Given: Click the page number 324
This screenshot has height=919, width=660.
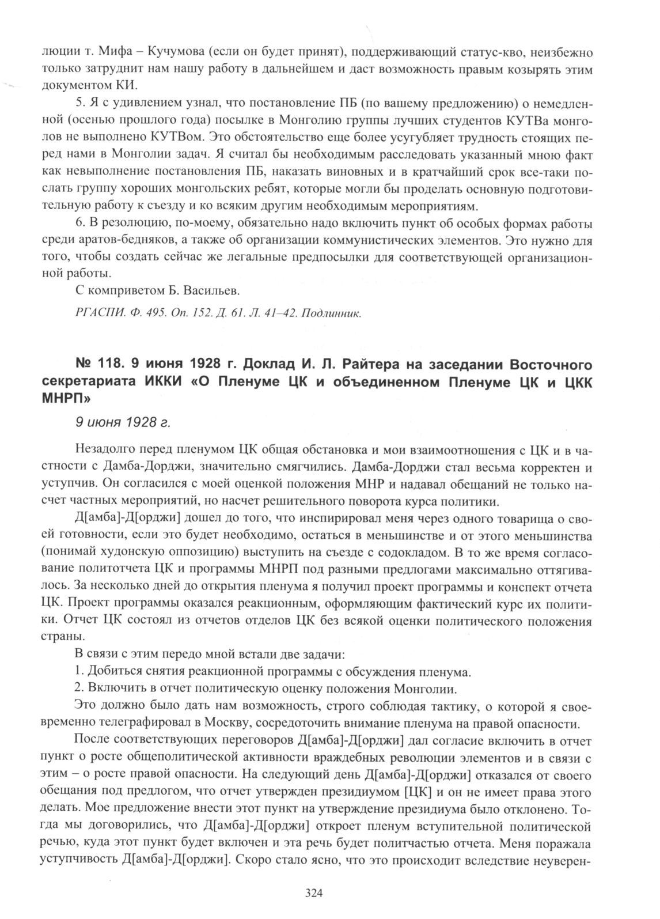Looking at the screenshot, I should coord(312,894).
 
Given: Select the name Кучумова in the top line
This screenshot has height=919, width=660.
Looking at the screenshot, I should coord(175,53).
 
